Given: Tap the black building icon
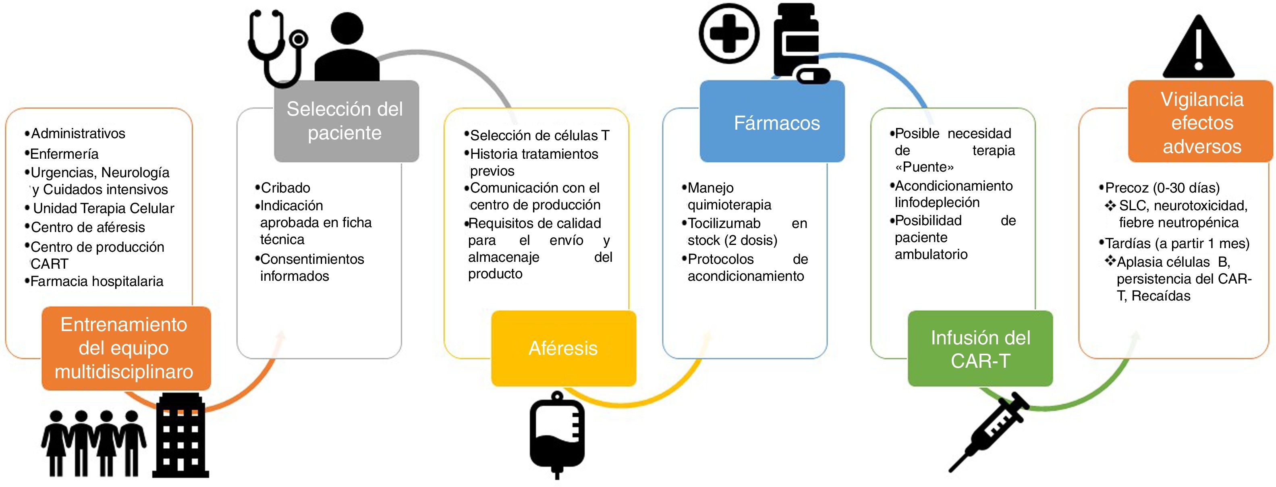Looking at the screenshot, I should [x=181, y=436].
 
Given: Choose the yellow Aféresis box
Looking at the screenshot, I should [x=563, y=348].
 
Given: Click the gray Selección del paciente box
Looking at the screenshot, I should [x=346, y=121].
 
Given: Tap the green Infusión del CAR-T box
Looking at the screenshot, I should [x=980, y=348].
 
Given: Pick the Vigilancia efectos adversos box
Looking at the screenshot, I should [x=1201, y=123].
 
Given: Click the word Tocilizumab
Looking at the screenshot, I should [x=724, y=224].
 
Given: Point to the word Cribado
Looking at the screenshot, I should [x=285, y=188].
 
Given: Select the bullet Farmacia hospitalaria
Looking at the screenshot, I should [x=97, y=282].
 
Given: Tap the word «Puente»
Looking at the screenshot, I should [x=924, y=167].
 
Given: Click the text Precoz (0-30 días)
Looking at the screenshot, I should [x=1162, y=188].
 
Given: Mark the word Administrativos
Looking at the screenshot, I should [x=78, y=133].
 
